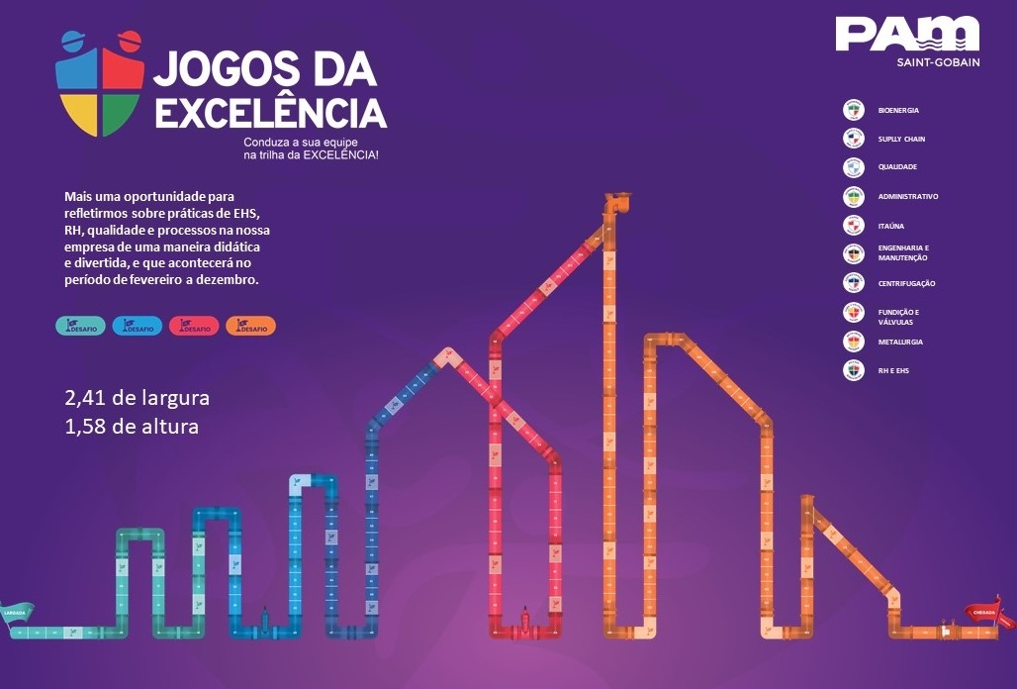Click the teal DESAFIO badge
pyautogui.click(x=81, y=326)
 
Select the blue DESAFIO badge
pyautogui.click(x=138, y=326)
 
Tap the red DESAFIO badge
pyautogui.click(x=194, y=326)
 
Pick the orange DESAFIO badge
pyautogui.click(x=250, y=326)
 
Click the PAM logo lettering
pyautogui.click(x=906, y=35)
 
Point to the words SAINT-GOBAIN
pyautogui.click(x=937, y=63)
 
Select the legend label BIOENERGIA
pyautogui.click(x=898, y=111)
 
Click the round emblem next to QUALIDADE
pyautogui.click(x=854, y=167)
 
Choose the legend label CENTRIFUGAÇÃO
pyautogui.click(x=906, y=284)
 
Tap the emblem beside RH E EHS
pyautogui.click(x=854, y=371)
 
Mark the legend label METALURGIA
pyautogui.click(x=902, y=343)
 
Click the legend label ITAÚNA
pyautogui.click(x=891, y=227)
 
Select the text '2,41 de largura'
pyautogui.click(x=137, y=398)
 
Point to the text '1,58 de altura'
pyautogui.click(x=132, y=428)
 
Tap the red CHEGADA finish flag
pyautogui.click(x=988, y=614)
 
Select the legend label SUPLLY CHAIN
pyautogui.click(x=901, y=140)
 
